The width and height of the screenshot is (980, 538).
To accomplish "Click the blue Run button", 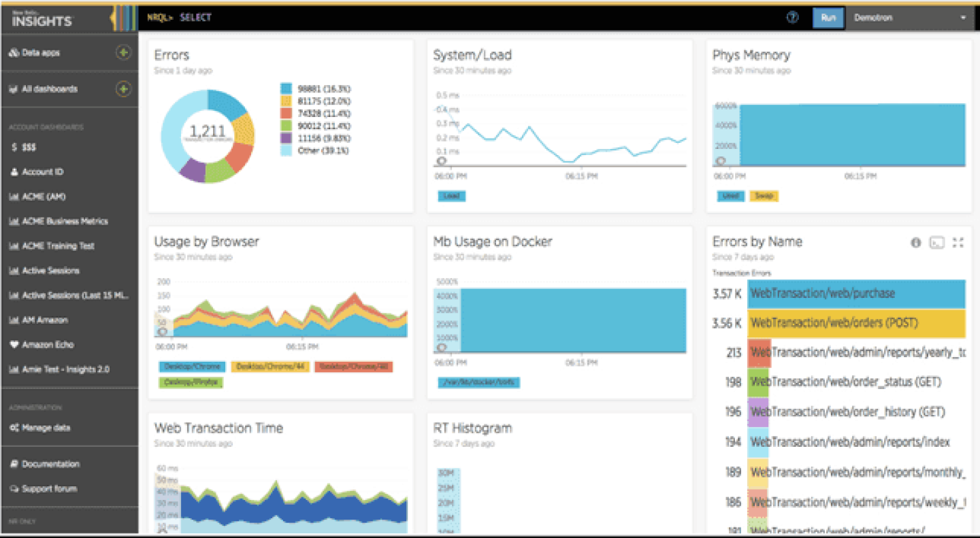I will click(828, 18).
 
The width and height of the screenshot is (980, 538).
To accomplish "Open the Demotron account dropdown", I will click(909, 18).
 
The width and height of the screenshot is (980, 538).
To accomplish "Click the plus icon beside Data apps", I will click(123, 52).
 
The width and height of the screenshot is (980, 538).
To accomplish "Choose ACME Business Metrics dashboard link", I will click(65, 221).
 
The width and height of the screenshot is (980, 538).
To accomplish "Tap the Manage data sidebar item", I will click(46, 428).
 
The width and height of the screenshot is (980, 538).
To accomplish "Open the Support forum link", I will click(49, 488).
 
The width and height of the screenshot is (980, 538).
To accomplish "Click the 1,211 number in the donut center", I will click(207, 131).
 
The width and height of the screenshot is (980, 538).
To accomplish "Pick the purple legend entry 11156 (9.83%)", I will click(315, 138).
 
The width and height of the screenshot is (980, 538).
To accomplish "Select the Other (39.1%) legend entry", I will click(314, 150).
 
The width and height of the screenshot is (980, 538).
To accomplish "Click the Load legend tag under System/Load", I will click(451, 196).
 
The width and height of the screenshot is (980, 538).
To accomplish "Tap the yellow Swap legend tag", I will click(764, 196).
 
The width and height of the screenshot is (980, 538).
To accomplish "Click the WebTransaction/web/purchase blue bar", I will click(856, 294).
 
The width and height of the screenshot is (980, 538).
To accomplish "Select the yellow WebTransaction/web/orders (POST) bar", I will click(856, 323).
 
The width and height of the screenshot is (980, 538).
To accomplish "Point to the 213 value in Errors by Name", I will click(734, 352).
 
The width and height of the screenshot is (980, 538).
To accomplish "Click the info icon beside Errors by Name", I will click(916, 242).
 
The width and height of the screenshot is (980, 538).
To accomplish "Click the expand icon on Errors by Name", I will click(958, 242).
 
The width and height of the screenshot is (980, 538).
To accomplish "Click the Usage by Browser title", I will click(206, 241).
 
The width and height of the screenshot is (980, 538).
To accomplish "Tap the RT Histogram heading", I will click(472, 428).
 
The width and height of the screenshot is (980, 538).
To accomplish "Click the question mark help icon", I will click(792, 18).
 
